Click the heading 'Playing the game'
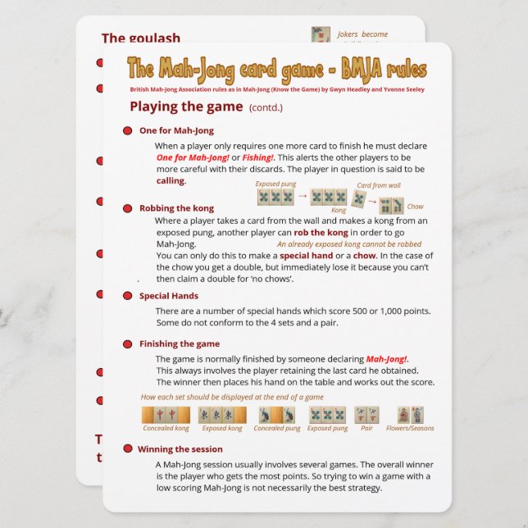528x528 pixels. click(x=186, y=106)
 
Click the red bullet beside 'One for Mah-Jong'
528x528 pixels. click(x=128, y=131)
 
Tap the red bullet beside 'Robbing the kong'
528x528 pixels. click(x=128, y=209)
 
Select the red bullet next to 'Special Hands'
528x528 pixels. click(x=128, y=296)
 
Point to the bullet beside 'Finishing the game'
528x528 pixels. click(x=128, y=344)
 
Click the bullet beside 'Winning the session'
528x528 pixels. click(x=128, y=449)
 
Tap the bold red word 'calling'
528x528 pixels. click(x=171, y=180)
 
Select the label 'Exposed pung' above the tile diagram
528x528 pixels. click(x=275, y=184)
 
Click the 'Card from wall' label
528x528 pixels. click(x=379, y=186)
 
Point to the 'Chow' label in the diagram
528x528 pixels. click(x=415, y=207)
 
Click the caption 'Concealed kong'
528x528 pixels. click(x=166, y=428)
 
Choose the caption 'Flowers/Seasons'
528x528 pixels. click(x=411, y=428)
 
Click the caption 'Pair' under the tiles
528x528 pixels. click(x=366, y=428)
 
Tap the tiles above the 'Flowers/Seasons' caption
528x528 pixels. click(x=410, y=414)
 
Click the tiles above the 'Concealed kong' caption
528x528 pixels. click(x=166, y=414)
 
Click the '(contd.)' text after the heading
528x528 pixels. click(x=266, y=107)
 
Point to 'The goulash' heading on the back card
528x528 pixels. click(x=140, y=39)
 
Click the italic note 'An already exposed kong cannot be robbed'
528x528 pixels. click(x=349, y=244)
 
